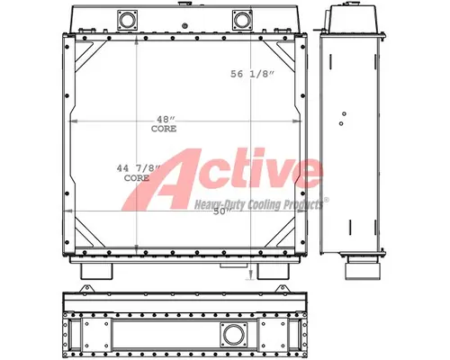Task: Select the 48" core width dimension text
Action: click(163, 125)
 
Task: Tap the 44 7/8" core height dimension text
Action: click(135, 174)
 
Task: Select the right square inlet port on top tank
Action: click(240, 20)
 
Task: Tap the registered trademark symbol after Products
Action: click(326, 200)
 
